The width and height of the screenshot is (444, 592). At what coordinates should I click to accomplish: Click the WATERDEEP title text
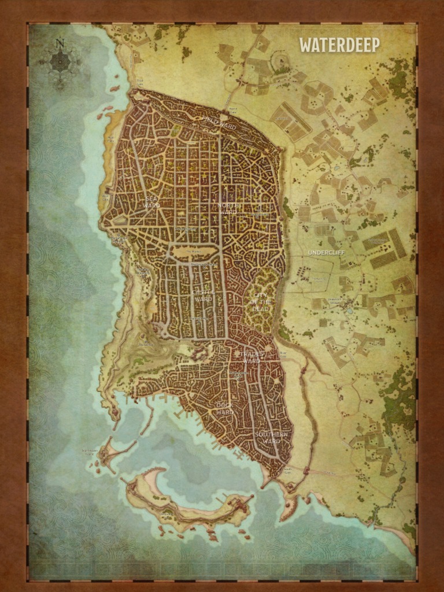tap(339, 45)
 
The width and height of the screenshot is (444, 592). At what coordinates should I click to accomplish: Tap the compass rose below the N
tap(60, 61)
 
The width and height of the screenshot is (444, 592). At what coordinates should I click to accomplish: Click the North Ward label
tap(228, 209)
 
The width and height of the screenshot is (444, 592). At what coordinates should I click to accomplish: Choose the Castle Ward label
tap(203, 295)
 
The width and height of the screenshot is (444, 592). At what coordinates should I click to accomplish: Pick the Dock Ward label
tap(224, 408)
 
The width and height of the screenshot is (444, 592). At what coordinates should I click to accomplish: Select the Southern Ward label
tap(271, 438)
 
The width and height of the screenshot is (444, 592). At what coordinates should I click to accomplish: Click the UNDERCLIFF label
tap(325, 253)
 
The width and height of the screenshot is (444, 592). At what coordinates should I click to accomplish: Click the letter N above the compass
tap(60, 43)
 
